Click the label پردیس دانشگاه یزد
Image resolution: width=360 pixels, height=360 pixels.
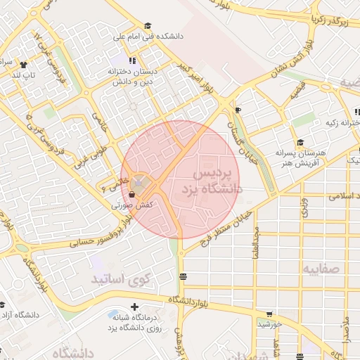pyautogui.click(x=216, y=181)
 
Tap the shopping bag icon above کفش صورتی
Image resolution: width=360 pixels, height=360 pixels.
pyautogui.click(x=132, y=195)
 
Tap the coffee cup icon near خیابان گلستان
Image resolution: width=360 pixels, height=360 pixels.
pyautogui.click(x=237, y=110)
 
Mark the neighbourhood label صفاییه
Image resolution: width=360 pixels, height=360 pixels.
pyautogui.click(x=320, y=269)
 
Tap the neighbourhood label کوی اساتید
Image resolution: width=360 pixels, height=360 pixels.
pyautogui.click(x=117, y=279)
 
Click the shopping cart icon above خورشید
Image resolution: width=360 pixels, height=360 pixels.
pyautogui.click(x=269, y=314)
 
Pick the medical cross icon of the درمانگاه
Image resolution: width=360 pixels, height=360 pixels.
pyautogui.click(x=134, y=307)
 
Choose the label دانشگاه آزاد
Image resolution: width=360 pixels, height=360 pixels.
pyautogui.click(x=20, y=316)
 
